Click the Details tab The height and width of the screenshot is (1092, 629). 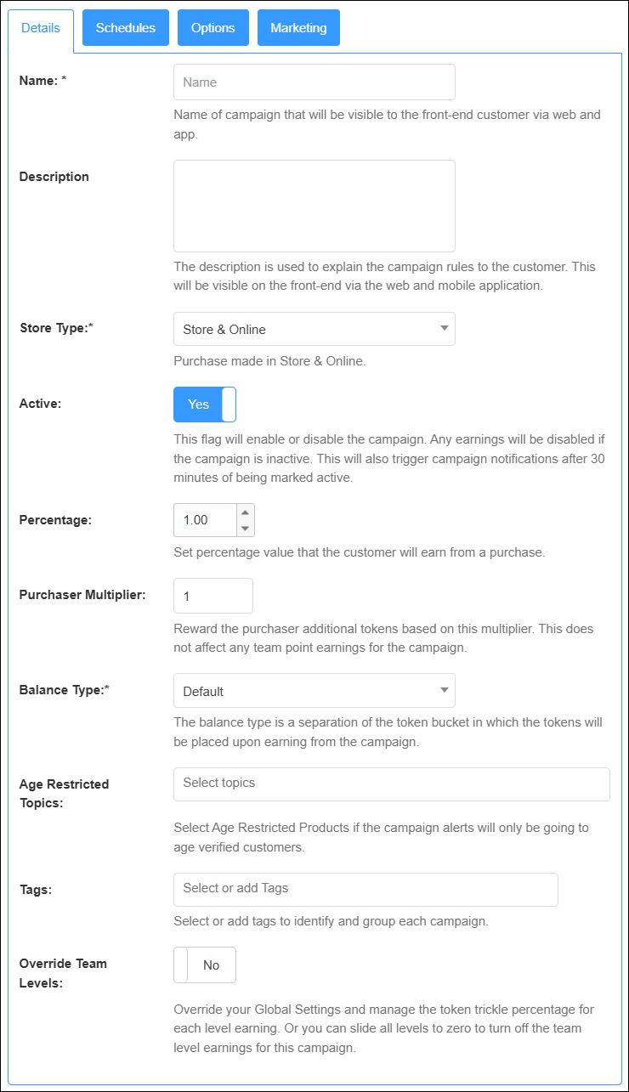tap(41, 28)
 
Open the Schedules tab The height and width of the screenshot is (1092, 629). tap(126, 28)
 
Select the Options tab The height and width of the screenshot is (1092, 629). tap(212, 28)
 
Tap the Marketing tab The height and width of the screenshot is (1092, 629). tap(298, 28)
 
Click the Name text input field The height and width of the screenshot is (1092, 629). tap(314, 82)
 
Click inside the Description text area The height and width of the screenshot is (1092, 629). tap(314, 206)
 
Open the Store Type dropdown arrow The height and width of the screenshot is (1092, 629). tap(444, 329)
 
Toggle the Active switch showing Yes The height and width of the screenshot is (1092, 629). tap(205, 405)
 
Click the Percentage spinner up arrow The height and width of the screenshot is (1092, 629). tap(245, 512)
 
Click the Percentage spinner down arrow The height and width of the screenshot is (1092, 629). tap(245, 528)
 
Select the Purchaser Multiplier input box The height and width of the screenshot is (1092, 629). tap(212, 596)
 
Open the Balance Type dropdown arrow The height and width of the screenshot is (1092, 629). tap(444, 691)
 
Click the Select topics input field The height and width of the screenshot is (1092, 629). tap(391, 784)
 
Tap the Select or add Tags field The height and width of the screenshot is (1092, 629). tap(365, 889)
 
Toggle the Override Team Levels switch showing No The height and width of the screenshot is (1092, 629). tap(205, 965)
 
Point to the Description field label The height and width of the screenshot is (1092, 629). tap(54, 177)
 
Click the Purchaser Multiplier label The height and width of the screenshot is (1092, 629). tap(82, 594)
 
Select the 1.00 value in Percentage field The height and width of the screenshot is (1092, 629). tap(196, 520)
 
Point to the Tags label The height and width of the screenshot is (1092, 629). tap(35, 889)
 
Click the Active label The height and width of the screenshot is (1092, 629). tap(40, 403)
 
